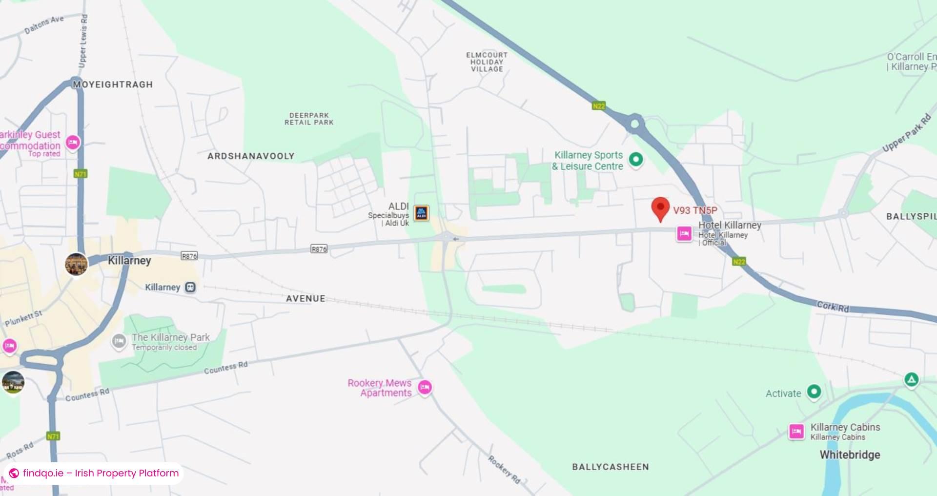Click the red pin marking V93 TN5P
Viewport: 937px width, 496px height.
coord(660,208)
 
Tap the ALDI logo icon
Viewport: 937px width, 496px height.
coord(421,213)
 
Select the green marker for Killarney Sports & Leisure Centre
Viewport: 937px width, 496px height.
coord(635,159)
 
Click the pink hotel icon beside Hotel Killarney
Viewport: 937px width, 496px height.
coord(684,234)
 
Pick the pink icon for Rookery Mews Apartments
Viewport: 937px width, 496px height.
coord(425,388)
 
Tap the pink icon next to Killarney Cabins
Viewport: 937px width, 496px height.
coord(796,432)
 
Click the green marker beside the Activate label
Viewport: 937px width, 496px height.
coord(814,392)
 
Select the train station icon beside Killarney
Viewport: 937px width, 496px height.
coord(190,288)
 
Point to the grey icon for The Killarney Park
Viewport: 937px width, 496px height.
coord(119,341)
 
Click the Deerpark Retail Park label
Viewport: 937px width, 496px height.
coord(309,119)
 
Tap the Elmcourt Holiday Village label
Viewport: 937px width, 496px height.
coord(487,62)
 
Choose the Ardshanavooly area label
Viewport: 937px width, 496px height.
coord(251,156)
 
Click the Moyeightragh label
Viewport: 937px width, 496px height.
coord(113,84)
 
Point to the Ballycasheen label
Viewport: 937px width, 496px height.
coord(611,467)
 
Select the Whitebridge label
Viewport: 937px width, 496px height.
coord(850,455)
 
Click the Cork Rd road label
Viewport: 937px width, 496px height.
coord(833,307)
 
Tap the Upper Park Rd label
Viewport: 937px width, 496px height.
coord(906,133)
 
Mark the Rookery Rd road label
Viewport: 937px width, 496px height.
coord(504,469)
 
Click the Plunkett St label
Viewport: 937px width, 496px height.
coord(23,318)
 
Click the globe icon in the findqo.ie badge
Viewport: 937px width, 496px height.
coord(14,473)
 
